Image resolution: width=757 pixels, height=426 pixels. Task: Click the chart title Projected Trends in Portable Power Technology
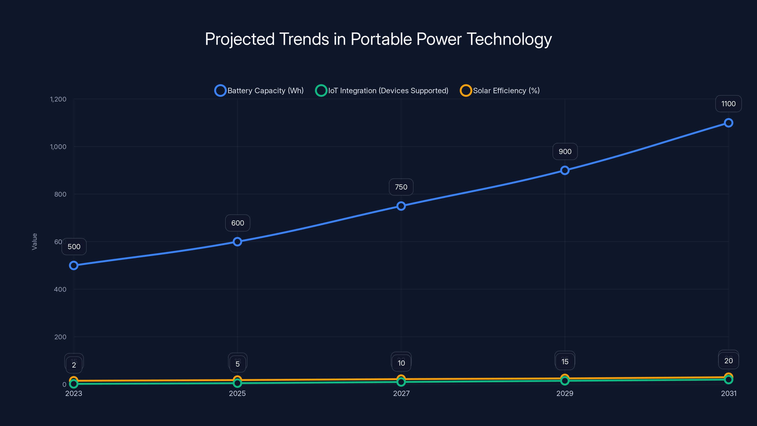[378, 39]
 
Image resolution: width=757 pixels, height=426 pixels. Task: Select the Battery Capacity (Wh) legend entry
[259, 91]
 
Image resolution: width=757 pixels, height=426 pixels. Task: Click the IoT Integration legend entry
[382, 91]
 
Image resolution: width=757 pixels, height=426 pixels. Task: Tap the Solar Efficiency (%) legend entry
[500, 91]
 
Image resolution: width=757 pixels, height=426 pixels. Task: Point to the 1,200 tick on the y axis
[58, 99]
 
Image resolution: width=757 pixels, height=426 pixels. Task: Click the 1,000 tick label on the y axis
[58, 147]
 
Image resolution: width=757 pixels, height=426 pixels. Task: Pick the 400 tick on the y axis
[60, 289]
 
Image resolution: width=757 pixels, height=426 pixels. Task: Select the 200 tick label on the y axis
[60, 337]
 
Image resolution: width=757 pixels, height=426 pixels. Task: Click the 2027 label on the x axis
[401, 393]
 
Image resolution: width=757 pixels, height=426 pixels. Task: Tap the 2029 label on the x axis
[564, 393]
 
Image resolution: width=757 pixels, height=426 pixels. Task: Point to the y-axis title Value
[34, 242]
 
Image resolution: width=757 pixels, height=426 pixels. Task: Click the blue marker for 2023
[74, 266]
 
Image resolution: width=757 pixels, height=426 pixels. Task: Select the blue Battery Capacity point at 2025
[238, 242]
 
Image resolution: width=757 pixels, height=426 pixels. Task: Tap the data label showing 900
[565, 151]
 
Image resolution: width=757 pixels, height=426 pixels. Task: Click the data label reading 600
[238, 223]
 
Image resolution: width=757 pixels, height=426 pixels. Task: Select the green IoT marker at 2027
[401, 382]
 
